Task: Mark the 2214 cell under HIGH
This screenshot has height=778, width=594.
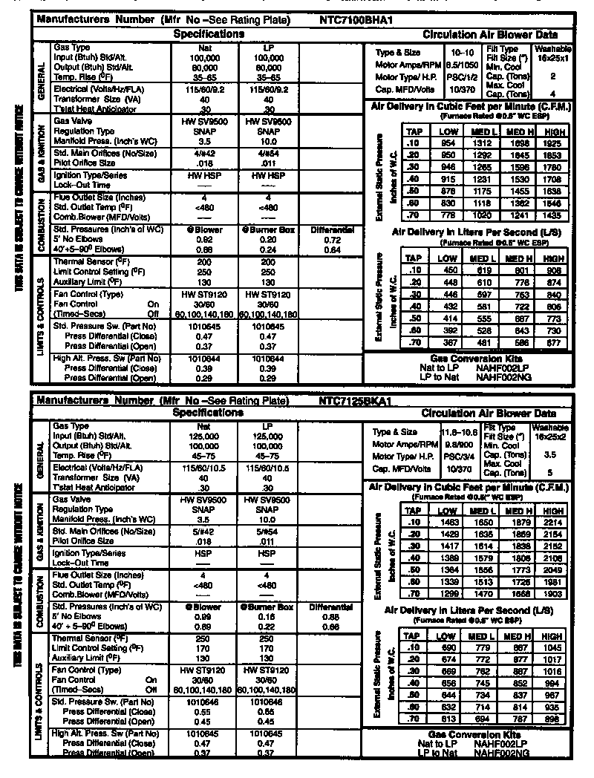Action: tap(552, 523)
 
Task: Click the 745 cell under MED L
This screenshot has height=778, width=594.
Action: tap(483, 684)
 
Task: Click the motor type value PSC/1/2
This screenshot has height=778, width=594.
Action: tap(457, 76)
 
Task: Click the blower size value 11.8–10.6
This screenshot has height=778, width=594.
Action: tap(459, 431)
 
